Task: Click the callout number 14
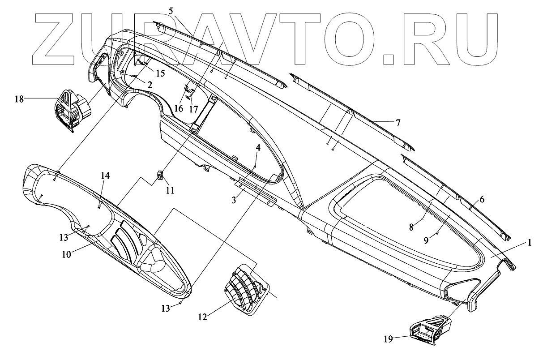104,176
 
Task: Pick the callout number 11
170,190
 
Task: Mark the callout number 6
482,200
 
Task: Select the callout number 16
178,108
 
